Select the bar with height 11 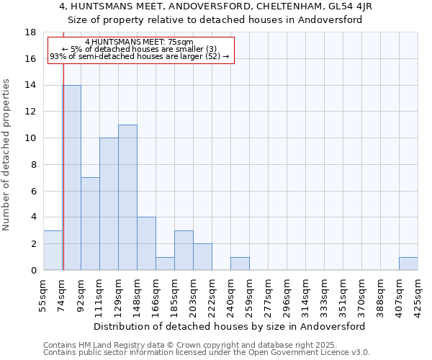[127, 197]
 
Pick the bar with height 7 [90, 224]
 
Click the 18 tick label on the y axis [30, 32]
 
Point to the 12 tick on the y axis [30, 112]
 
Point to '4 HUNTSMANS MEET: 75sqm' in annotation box [139, 42]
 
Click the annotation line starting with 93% [139, 56]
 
